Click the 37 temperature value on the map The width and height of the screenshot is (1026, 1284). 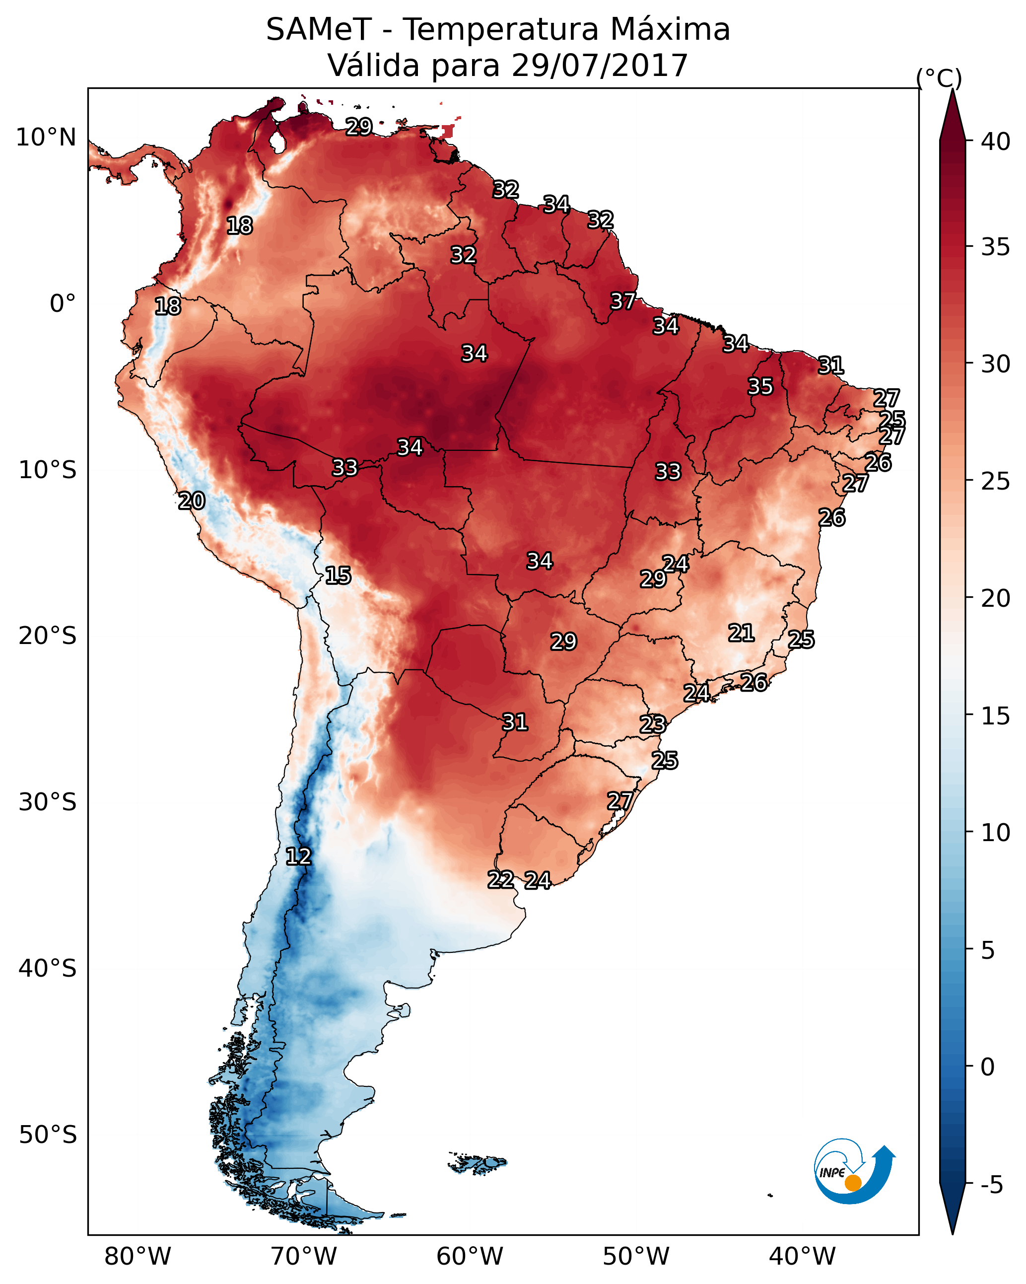pos(623,301)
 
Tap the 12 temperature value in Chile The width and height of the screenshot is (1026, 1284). pos(298,856)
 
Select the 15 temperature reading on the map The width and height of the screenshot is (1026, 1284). pos(338,575)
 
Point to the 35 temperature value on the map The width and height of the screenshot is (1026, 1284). pos(760,386)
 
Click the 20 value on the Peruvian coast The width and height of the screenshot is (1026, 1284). pos(192,501)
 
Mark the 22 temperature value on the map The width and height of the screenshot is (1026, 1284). pos(501,880)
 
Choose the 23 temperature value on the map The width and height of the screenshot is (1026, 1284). pos(653,724)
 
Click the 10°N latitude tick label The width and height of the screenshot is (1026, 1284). pos(46,138)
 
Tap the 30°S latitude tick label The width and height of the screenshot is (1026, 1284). pos(48,802)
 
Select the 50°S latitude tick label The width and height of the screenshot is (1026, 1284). pos(48,1135)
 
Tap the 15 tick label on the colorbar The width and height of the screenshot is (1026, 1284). pos(996,716)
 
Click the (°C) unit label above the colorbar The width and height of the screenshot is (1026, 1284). pos(939,78)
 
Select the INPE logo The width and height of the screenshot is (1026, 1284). pos(855,1171)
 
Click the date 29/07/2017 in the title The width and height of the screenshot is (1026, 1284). pos(600,65)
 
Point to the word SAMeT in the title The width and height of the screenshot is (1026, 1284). pos(319,29)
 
